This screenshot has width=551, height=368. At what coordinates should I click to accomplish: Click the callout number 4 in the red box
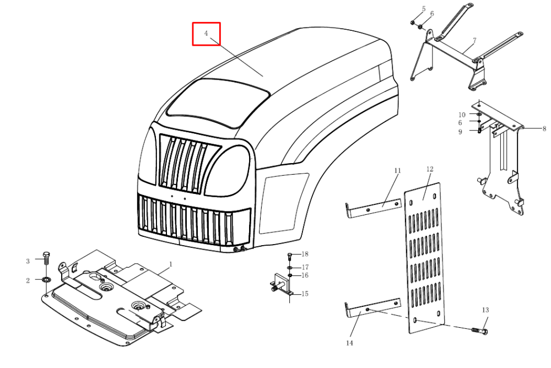tap(206, 33)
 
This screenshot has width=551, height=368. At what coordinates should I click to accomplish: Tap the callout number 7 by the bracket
tap(474, 40)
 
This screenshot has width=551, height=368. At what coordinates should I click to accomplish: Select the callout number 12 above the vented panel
tap(430, 169)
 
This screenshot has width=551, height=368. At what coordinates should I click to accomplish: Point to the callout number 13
tap(485, 310)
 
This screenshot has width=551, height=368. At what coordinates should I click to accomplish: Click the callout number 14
tap(349, 343)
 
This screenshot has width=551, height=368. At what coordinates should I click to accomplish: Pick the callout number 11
tap(397, 170)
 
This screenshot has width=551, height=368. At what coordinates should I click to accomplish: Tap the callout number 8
tap(544, 129)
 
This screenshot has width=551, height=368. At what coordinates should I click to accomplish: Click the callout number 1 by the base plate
tap(171, 264)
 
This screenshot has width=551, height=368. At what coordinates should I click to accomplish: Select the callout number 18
tap(305, 254)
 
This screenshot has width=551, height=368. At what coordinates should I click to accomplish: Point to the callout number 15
tap(305, 294)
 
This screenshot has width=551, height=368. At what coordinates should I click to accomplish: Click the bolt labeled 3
tap(46, 258)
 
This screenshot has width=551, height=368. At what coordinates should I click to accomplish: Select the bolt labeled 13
tap(479, 331)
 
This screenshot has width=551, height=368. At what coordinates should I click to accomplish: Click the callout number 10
tap(462, 115)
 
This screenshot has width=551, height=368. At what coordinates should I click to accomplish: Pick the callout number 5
tap(424, 9)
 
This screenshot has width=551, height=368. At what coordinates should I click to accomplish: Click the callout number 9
tap(460, 132)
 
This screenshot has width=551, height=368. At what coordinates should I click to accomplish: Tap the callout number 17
tap(305, 267)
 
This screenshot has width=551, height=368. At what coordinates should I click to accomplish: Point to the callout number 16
tap(305, 275)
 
